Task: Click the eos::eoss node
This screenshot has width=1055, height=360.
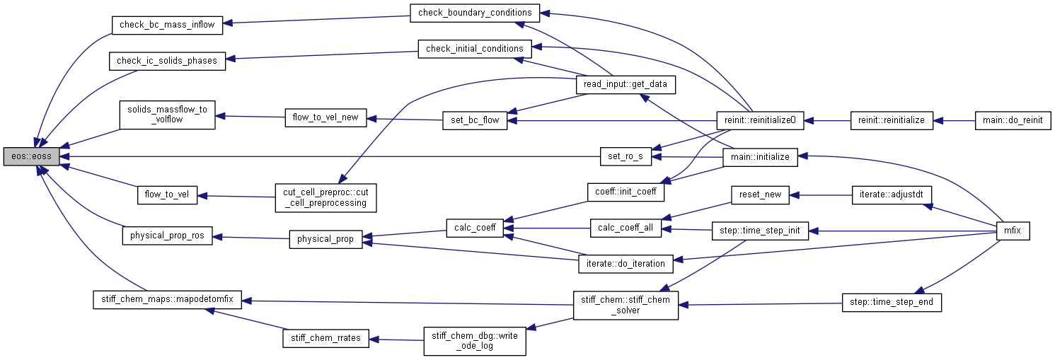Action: pyautogui.click(x=31, y=156)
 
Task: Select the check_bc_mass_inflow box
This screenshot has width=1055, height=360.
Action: pyautogui.click(x=167, y=25)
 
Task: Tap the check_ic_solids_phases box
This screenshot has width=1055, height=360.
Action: pyautogui.click(x=167, y=61)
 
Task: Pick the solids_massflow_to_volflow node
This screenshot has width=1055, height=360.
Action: pyautogui.click(x=167, y=115)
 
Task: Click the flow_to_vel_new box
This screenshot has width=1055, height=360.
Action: pyautogui.click(x=325, y=118)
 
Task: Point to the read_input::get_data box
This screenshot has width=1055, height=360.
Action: pyautogui.click(x=626, y=85)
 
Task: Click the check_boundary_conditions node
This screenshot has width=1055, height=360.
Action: pyautogui.click(x=475, y=13)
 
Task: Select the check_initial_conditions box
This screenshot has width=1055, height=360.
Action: pyautogui.click(x=475, y=49)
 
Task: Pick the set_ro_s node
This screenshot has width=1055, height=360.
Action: pyautogui.click(x=625, y=156)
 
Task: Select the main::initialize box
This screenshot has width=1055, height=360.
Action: pyautogui.click(x=760, y=156)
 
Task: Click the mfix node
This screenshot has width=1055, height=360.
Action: pyautogui.click(x=1012, y=231)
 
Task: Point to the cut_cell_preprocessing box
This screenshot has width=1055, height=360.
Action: pyautogui.click(x=325, y=197)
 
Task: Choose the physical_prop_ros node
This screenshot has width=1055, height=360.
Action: pyautogui.click(x=167, y=236)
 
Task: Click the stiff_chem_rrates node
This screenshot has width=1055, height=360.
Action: pyautogui.click(x=325, y=338)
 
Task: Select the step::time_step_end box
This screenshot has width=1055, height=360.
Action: pyautogui.click(x=892, y=302)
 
